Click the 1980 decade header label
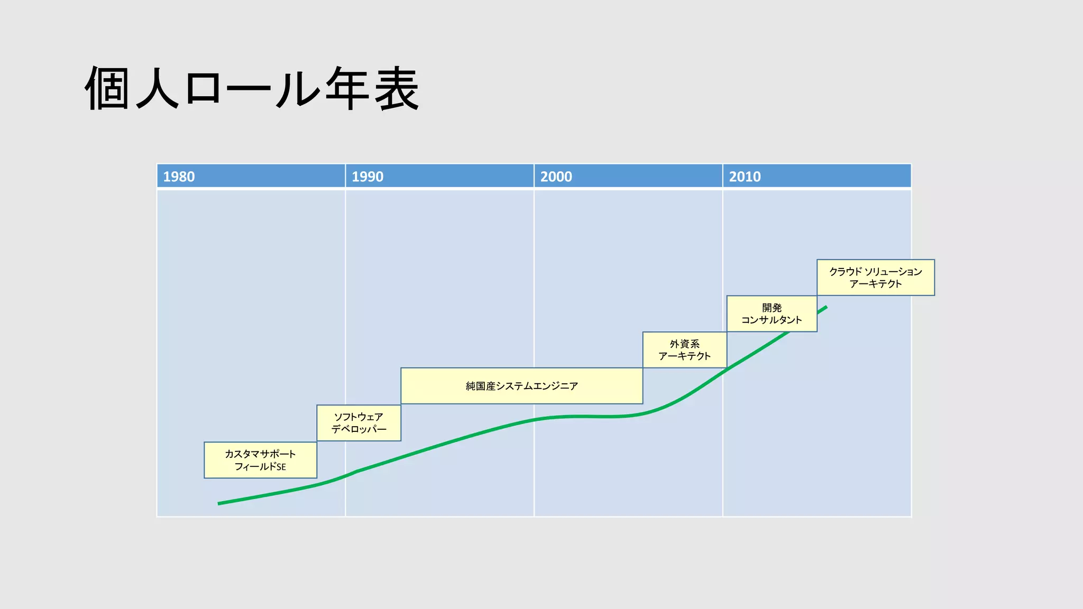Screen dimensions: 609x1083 (x=179, y=177)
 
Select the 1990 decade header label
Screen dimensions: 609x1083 (x=368, y=177)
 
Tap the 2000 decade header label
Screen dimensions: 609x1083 (x=556, y=177)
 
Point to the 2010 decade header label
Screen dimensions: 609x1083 (x=745, y=177)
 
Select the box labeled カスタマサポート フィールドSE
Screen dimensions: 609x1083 (x=260, y=460)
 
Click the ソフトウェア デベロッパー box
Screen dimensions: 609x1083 (x=359, y=423)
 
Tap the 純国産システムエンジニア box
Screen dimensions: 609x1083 (x=521, y=386)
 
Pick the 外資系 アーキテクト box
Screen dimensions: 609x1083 (x=684, y=350)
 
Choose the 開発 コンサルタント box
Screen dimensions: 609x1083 (x=772, y=313)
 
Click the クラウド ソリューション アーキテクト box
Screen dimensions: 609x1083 (x=875, y=278)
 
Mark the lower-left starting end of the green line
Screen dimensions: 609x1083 (x=219, y=503)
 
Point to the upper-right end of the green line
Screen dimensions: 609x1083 (x=825, y=307)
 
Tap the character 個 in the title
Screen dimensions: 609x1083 (x=107, y=89)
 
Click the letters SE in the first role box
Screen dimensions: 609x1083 (x=281, y=467)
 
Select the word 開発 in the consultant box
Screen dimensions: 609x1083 (x=772, y=308)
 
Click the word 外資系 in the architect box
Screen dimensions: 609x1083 (x=684, y=344)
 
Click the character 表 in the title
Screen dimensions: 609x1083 (x=397, y=89)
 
